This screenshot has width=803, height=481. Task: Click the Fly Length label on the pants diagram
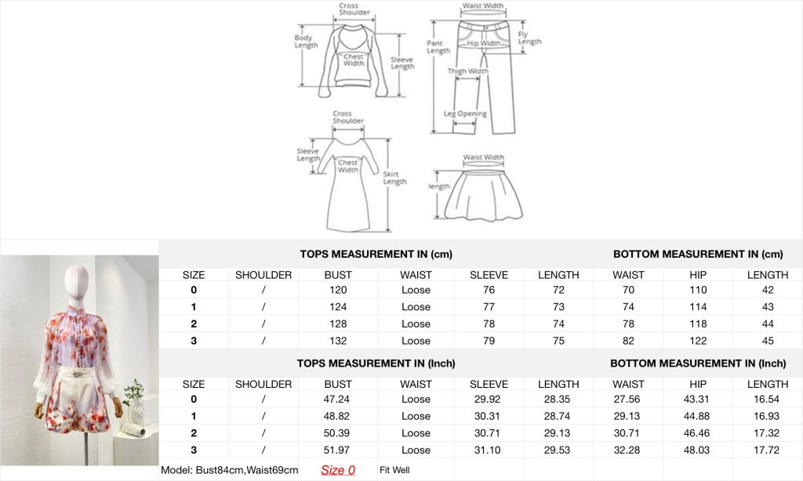click(529, 38)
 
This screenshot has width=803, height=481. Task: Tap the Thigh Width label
click(467, 71)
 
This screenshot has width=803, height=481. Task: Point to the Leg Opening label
click(465, 114)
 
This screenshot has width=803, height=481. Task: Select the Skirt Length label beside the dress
click(395, 178)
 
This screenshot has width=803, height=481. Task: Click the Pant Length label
click(438, 46)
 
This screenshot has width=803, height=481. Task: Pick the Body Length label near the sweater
click(306, 41)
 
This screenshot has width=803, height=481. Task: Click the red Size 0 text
click(338, 470)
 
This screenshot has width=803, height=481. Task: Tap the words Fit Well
click(394, 470)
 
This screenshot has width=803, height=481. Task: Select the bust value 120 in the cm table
click(338, 290)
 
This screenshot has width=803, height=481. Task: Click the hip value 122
click(698, 341)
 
